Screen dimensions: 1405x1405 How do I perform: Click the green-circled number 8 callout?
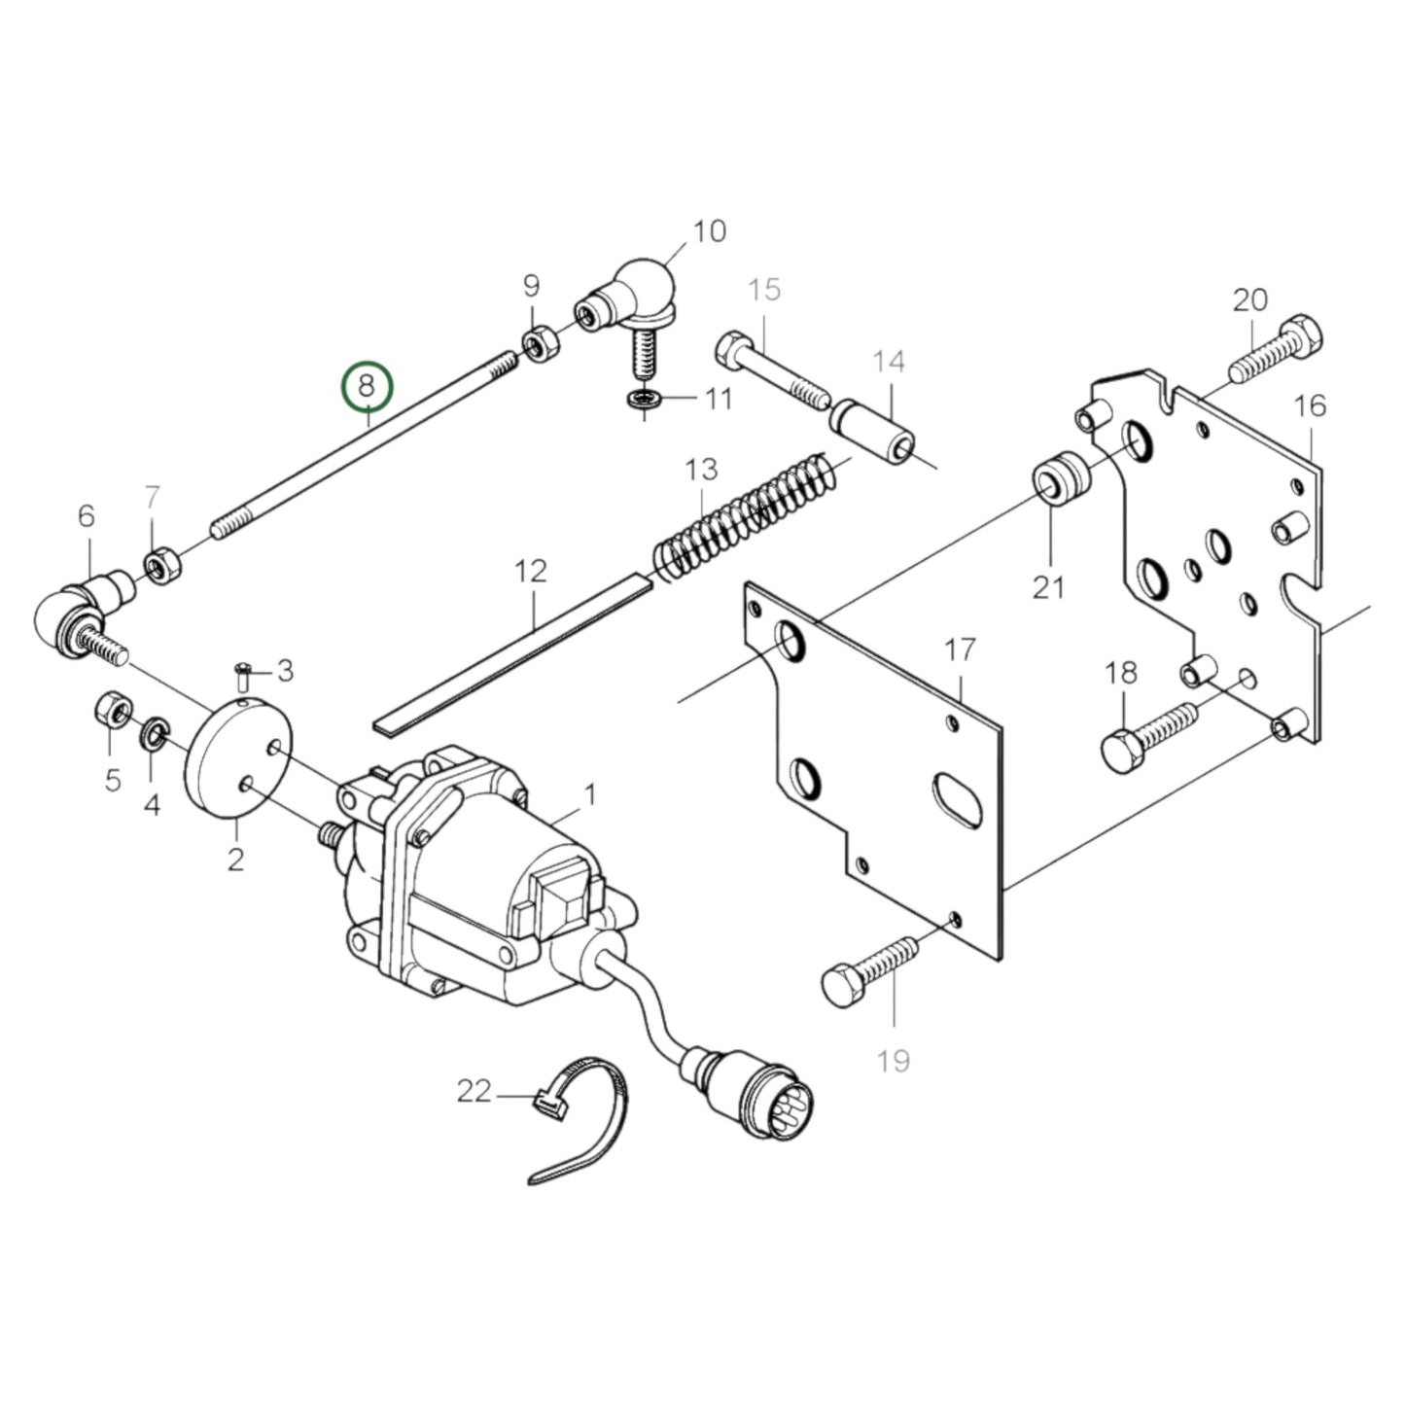[366, 386]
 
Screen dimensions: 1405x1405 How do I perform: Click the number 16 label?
[1311, 405]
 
